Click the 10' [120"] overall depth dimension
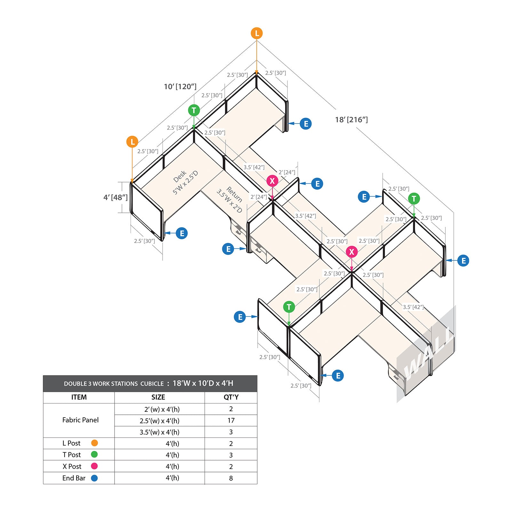180,87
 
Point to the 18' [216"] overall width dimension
351,120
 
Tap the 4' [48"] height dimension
116,197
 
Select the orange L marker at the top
257,33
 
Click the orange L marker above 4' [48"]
132,142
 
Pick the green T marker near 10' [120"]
194,110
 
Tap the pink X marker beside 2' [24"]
272,181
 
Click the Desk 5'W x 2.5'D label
185,182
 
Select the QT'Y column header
231,397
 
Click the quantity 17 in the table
231,420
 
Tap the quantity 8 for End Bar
231,478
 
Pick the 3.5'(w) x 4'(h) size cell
159,432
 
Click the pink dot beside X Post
94,466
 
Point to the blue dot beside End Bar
94,478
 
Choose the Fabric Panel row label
80,420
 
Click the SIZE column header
158,397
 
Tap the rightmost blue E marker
463,261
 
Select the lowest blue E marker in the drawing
338,376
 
